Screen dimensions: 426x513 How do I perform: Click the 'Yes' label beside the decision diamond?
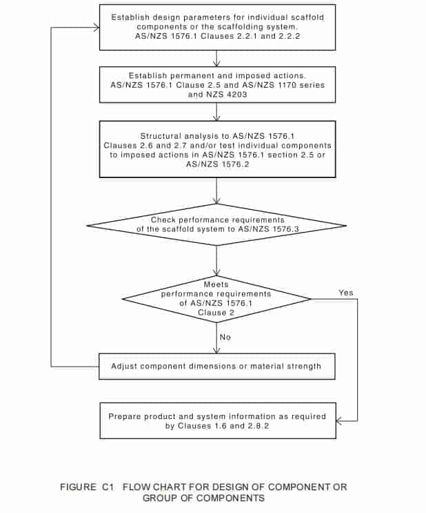(x=345, y=293)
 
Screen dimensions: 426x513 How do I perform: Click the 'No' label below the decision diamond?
(x=225, y=337)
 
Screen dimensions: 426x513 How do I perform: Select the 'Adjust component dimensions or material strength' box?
(x=217, y=367)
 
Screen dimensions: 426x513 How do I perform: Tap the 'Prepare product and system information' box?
(x=218, y=420)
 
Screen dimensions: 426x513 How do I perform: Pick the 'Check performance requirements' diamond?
(x=216, y=225)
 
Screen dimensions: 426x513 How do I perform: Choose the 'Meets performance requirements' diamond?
(x=216, y=299)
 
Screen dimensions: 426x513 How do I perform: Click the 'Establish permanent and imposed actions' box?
(x=217, y=85)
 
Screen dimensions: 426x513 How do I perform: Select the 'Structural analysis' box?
(x=217, y=149)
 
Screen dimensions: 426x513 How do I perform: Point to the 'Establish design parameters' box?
(x=217, y=28)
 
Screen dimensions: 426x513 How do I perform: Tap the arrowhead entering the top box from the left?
(x=97, y=28)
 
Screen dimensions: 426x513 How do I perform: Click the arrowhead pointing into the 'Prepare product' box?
(x=339, y=421)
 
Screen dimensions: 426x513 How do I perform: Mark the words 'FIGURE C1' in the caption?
(x=87, y=487)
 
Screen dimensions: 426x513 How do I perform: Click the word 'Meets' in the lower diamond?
(x=216, y=284)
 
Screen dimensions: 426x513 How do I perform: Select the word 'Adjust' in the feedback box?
(x=123, y=366)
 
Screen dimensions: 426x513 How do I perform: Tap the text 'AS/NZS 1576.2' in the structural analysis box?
(x=217, y=164)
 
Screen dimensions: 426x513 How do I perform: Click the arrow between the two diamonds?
(x=216, y=261)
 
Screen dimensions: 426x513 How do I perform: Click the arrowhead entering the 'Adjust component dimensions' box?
(x=216, y=350)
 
